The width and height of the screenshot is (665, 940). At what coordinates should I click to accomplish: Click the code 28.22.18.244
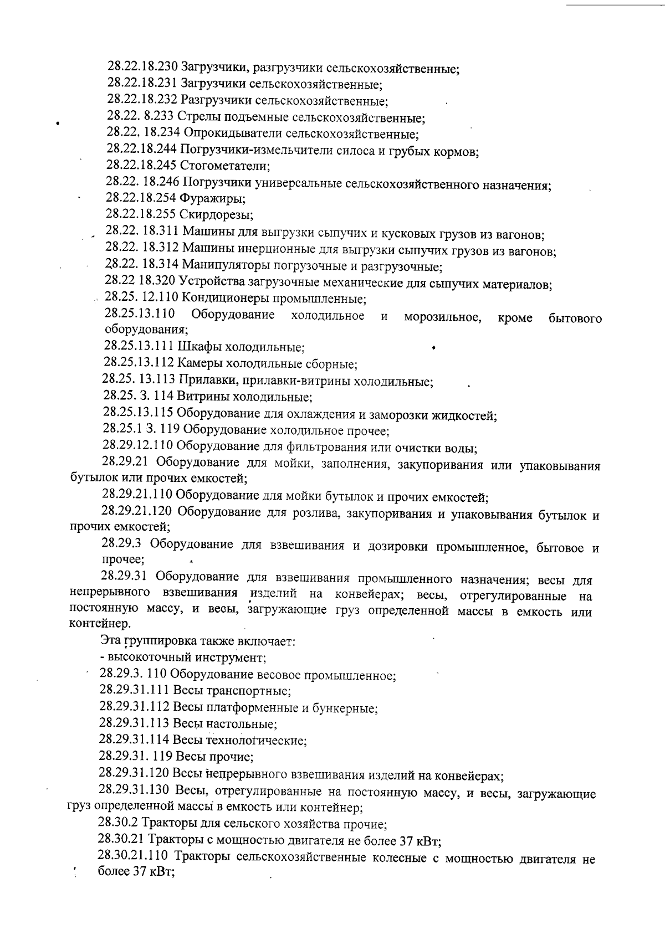(x=141, y=150)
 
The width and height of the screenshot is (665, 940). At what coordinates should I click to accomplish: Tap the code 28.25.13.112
(x=139, y=363)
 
